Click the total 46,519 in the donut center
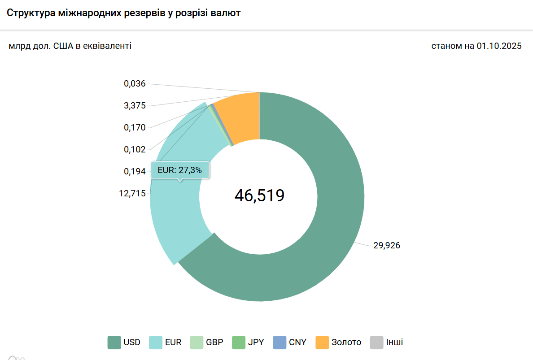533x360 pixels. click(x=259, y=195)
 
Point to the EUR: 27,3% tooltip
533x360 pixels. click(x=180, y=170)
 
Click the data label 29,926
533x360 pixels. click(x=386, y=245)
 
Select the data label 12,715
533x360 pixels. click(x=132, y=193)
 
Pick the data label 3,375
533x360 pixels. click(x=135, y=106)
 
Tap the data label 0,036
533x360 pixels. click(x=135, y=83)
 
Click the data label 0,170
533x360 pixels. click(x=135, y=128)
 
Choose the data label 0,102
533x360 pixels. click(x=135, y=149)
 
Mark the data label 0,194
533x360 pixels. click(x=135, y=171)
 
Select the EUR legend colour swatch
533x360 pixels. click(x=155, y=343)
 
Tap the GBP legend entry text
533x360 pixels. click(x=214, y=343)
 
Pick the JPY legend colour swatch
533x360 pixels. click(x=239, y=343)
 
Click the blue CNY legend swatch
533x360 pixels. click(x=280, y=343)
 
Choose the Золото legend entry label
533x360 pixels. click(x=346, y=343)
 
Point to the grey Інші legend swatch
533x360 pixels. click(x=377, y=343)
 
